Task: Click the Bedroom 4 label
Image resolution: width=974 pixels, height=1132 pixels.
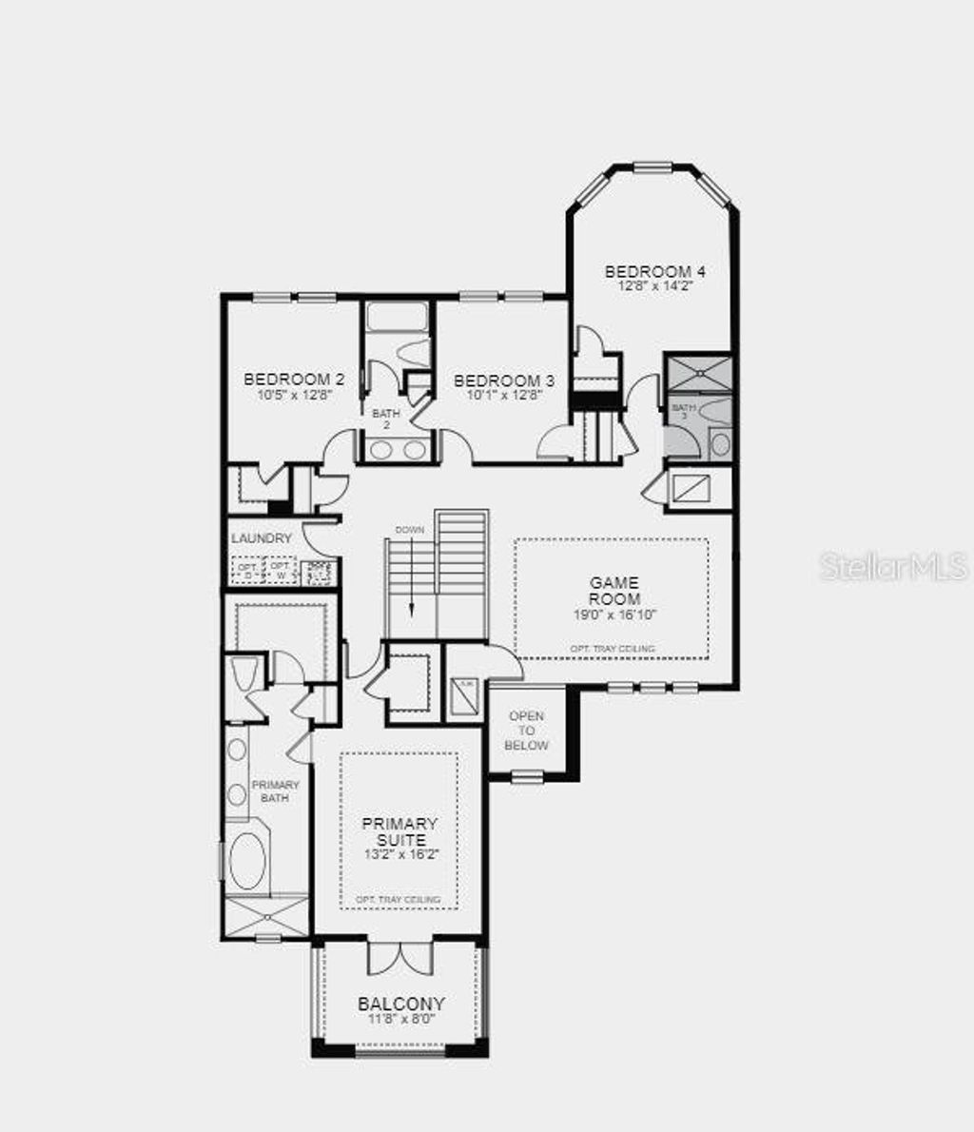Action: click(x=654, y=271)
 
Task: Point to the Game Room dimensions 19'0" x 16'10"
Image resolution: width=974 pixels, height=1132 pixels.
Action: click(x=614, y=615)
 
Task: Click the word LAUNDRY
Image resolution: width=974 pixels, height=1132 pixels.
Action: click(x=262, y=538)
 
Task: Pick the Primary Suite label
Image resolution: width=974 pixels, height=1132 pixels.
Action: click(x=399, y=831)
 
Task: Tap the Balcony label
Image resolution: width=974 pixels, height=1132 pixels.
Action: click(x=401, y=1003)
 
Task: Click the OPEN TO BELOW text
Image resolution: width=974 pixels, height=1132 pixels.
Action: click(x=527, y=731)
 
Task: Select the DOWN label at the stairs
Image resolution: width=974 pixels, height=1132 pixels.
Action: click(x=410, y=528)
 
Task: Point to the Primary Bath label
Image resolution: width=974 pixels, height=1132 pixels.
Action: click(x=275, y=790)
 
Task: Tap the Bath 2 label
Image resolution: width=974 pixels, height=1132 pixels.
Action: click(x=386, y=419)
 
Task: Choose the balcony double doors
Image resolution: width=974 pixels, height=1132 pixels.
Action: click(x=400, y=957)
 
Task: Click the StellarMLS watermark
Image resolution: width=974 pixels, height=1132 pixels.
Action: click(x=893, y=567)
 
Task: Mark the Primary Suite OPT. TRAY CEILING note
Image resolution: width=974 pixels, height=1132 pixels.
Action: click(x=398, y=899)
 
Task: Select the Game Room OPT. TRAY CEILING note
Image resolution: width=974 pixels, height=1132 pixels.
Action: click(x=612, y=649)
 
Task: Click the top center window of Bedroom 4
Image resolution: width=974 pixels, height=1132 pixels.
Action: click(x=653, y=168)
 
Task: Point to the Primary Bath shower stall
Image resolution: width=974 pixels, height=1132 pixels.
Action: click(x=268, y=917)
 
